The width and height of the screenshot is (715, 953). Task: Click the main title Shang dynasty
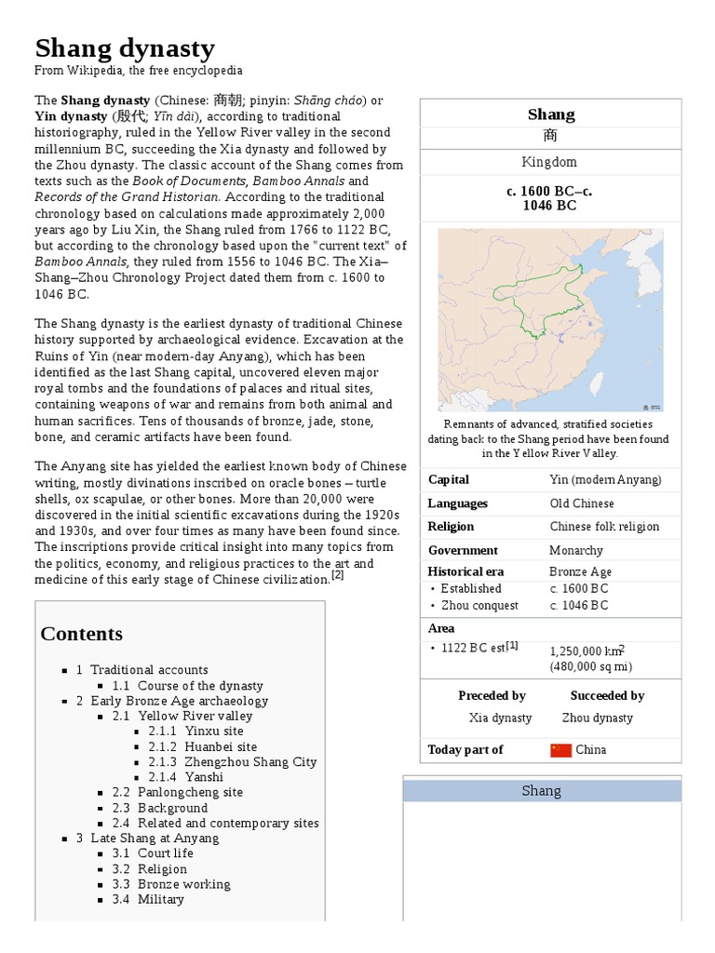(125, 48)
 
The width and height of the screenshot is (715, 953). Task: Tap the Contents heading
(81, 634)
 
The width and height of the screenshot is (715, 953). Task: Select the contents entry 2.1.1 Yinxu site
(196, 732)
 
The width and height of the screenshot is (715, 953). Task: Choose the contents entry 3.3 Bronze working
(183, 884)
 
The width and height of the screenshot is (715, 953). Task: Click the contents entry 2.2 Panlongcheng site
(190, 792)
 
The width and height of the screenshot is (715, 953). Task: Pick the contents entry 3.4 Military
(160, 899)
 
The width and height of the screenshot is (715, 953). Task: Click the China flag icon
(560, 750)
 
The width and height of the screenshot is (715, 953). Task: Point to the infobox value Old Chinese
(582, 503)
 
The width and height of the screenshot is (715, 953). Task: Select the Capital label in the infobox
(449, 480)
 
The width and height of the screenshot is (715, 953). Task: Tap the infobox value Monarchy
(576, 550)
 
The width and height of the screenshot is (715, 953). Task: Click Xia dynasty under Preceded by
(500, 718)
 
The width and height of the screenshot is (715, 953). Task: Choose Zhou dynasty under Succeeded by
(597, 718)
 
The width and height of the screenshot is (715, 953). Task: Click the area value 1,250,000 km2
(587, 651)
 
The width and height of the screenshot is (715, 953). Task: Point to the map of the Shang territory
(550, 320)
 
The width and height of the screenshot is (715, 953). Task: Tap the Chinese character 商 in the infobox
(550, 137)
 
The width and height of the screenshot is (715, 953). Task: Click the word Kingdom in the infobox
(550, 162)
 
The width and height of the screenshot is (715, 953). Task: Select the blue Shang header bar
(541, 791)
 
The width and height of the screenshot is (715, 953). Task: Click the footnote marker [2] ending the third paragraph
(337, 575)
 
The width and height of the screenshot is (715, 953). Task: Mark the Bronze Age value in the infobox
(580, 572)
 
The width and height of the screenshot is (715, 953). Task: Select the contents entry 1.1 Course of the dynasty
(200, 686)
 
